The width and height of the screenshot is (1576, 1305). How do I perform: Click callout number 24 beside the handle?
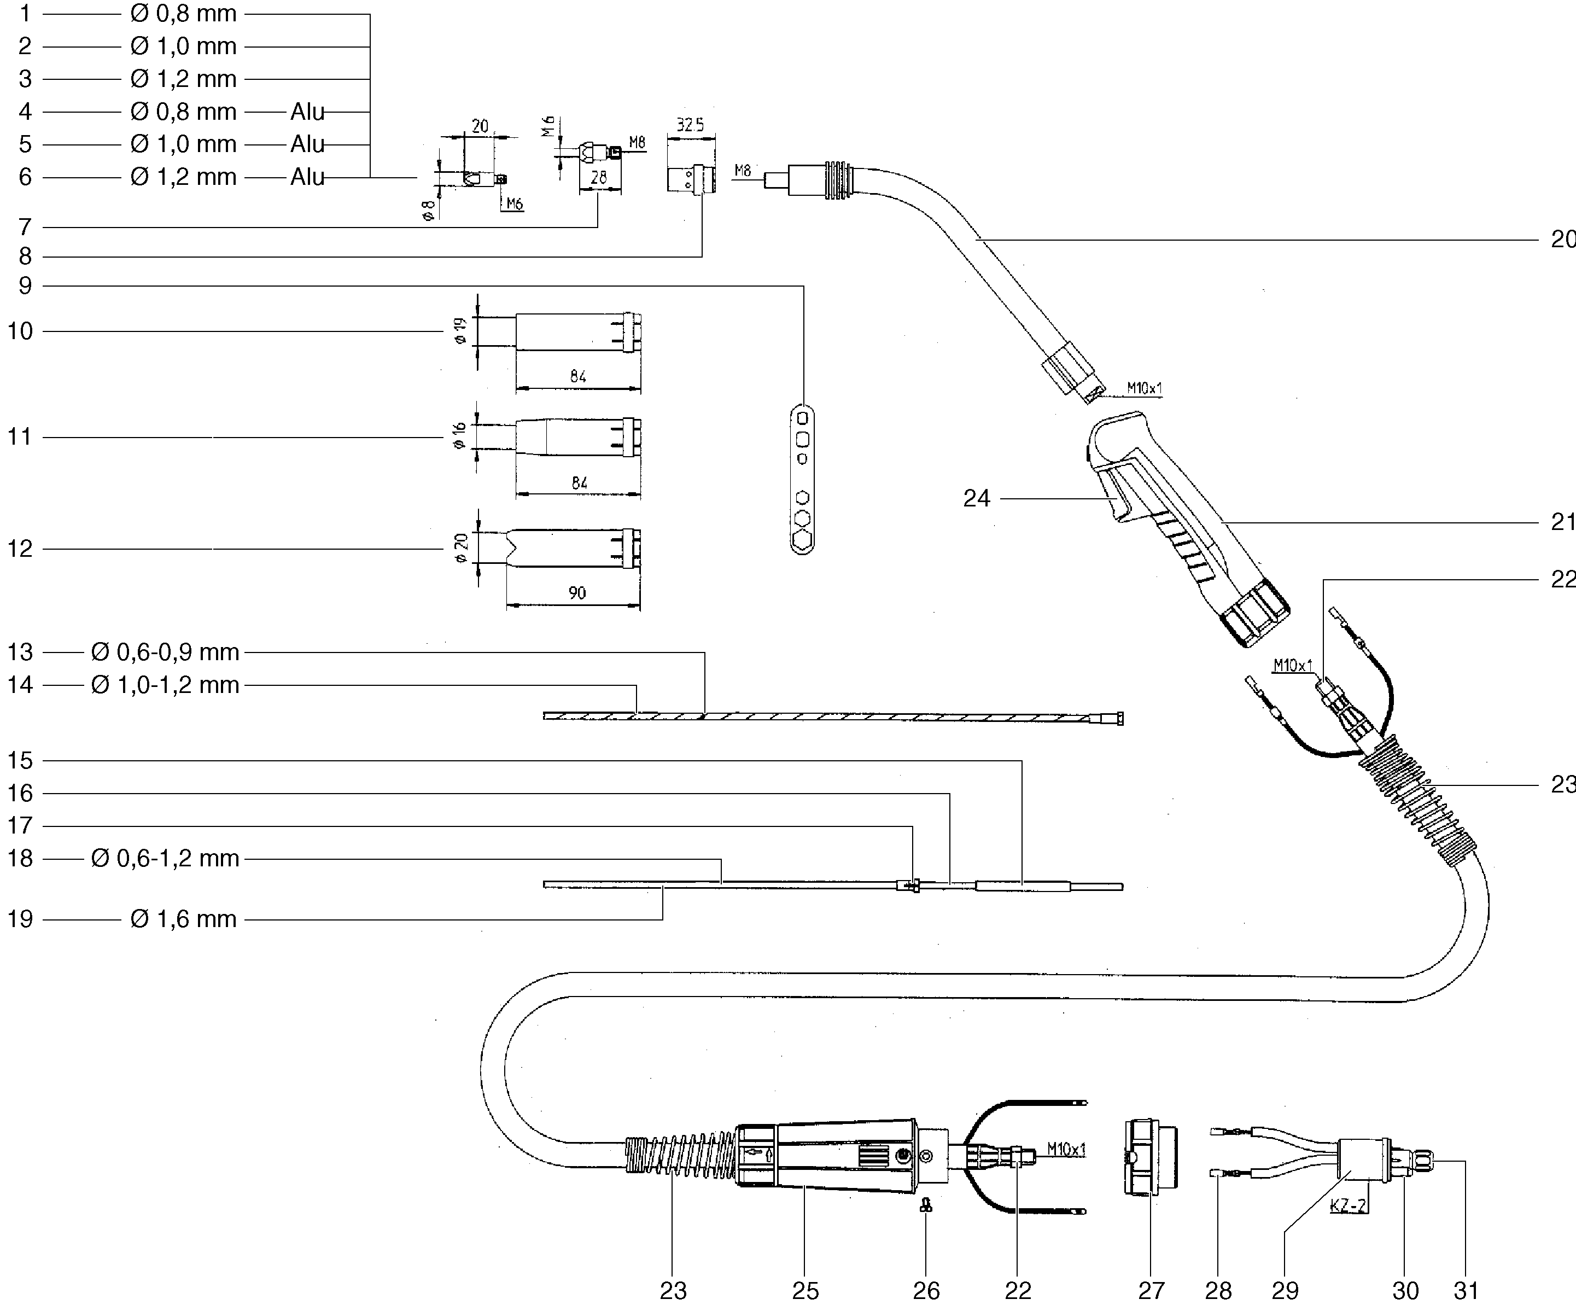[x=976, y=498]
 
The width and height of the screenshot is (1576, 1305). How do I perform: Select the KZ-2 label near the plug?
[x=1349, y=1206]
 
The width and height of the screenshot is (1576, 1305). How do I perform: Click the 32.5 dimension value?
[x=691, y=125]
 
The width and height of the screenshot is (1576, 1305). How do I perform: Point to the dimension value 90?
[x=576, y=593]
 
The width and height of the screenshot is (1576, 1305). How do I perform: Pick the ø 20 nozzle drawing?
[x=573, y=549]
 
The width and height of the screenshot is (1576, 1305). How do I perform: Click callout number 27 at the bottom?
[x=1151, y=1291]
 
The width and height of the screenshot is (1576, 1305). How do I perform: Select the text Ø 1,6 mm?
[x=183, y=919]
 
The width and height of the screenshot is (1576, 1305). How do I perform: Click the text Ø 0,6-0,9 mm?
[x=165, y=652]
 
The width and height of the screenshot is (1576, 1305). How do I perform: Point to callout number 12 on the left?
[x=20, y=549]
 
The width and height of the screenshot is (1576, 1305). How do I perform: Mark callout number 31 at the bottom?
[x=1466, y=1291]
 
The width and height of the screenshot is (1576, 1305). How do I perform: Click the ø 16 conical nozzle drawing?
[x=578, y=438]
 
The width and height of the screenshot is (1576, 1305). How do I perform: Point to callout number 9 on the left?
[x=26, y=286]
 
